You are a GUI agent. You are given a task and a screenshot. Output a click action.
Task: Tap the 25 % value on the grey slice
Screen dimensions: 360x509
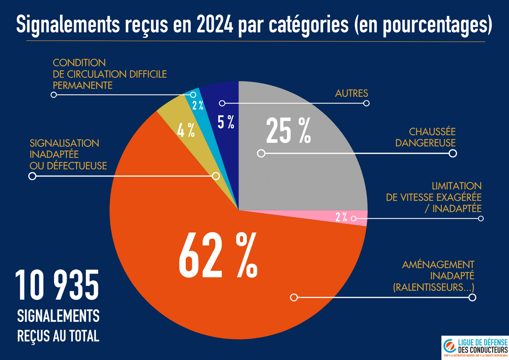(x=288, y=131)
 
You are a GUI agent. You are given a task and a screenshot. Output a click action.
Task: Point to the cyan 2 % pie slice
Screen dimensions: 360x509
(x=197, y=105)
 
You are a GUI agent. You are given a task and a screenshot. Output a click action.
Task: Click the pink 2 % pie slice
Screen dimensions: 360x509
(x=341, y=217)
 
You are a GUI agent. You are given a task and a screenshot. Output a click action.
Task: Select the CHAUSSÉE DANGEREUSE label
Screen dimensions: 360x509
(x=425, y=137)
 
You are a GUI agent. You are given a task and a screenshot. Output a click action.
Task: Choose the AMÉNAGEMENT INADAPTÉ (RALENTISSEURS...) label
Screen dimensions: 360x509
(x=434, y=276)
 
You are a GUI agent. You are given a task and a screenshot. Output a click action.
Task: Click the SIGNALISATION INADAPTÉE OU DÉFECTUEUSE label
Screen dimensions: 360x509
(x=68, y=154)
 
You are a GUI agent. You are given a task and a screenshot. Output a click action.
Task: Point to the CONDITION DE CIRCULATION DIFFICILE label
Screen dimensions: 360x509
(x=109, y=74)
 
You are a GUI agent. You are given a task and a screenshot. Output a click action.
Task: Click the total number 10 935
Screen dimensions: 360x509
(x=57, y=285)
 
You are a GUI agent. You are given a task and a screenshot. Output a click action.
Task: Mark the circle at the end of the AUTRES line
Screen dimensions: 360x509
(x=367, y=103)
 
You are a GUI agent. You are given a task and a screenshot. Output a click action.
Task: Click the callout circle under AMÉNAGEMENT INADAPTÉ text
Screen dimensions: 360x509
(x=472, y=297)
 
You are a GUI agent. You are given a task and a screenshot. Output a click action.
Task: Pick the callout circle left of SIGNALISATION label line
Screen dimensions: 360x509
(x=33, y=176)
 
